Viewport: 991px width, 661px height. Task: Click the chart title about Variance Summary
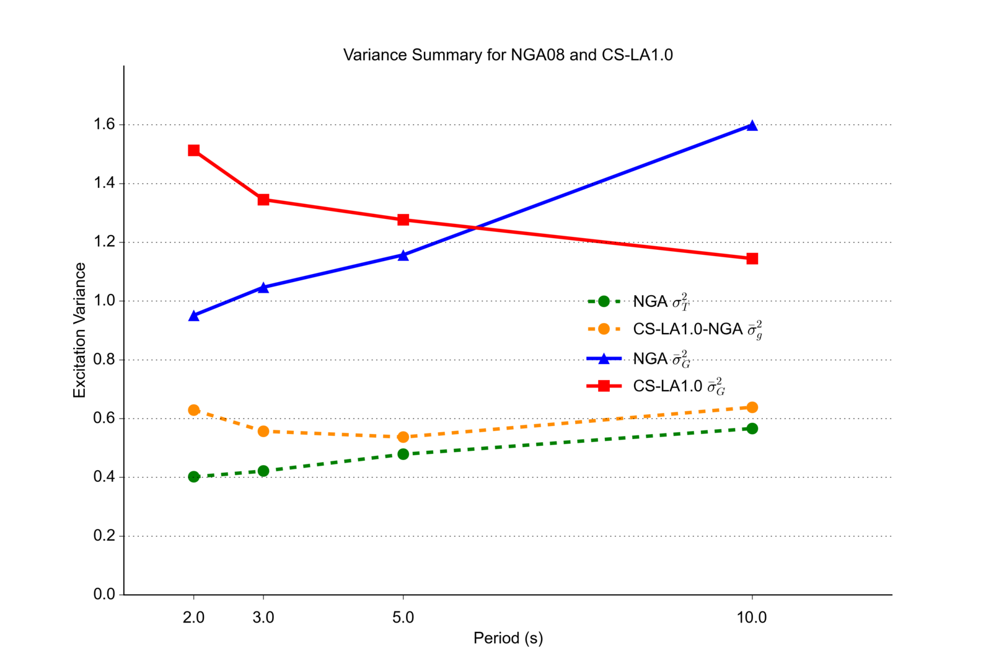click(508, 55)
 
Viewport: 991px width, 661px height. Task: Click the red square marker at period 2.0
click(194, 151)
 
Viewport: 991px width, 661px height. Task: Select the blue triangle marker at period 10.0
click(752, 126)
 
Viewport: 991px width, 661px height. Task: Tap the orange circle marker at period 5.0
click(403, 437)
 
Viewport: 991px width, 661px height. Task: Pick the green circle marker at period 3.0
click(263, 471)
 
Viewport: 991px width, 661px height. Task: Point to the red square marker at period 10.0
click(752, 259)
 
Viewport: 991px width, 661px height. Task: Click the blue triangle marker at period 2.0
click(194, 316)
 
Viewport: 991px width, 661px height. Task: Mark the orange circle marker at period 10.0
click(752, 407)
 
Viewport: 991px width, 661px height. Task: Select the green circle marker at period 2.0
click(194, 477)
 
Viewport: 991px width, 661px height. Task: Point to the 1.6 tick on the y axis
click(105, 125)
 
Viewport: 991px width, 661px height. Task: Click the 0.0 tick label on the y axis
click(105, 594)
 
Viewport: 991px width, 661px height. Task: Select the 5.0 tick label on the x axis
click(403, 618)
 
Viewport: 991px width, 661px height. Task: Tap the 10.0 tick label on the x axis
click(752, 618)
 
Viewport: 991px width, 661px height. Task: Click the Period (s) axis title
click(508, 638)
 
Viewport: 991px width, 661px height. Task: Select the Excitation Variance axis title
click(80, 330)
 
